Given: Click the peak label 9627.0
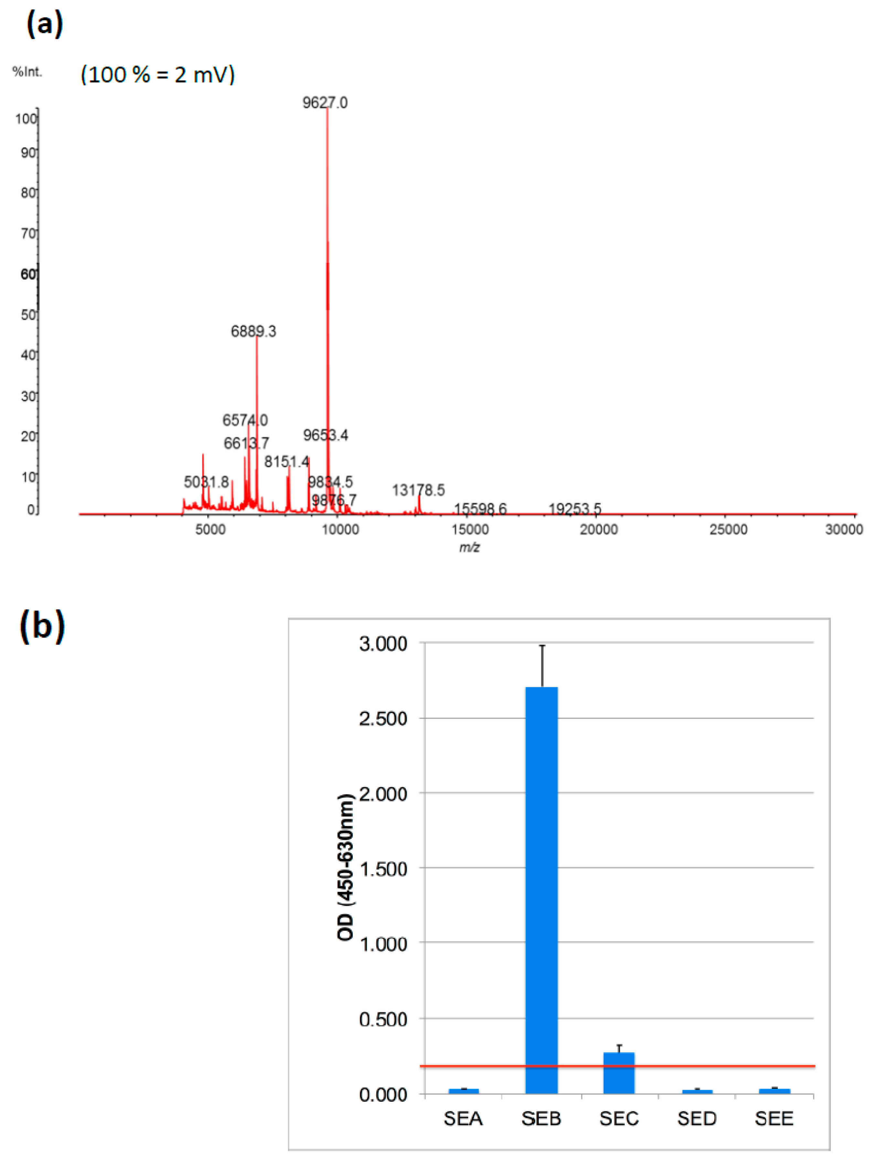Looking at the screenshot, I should point(325,102).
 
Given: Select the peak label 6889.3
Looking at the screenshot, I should point(253,331).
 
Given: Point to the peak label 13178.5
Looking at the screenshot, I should point(418,490).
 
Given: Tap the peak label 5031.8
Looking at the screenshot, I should point(206,482).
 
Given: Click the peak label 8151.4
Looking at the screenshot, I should point(286,462).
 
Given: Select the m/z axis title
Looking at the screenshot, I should point(469,547).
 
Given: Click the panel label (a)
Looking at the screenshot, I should point(44,24).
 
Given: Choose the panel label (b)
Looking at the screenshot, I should point(42,626).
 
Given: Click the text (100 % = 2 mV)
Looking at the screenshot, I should point(157,74).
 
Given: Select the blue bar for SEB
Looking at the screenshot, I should point(541,889).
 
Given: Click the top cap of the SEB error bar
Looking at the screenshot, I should point(542,645).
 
